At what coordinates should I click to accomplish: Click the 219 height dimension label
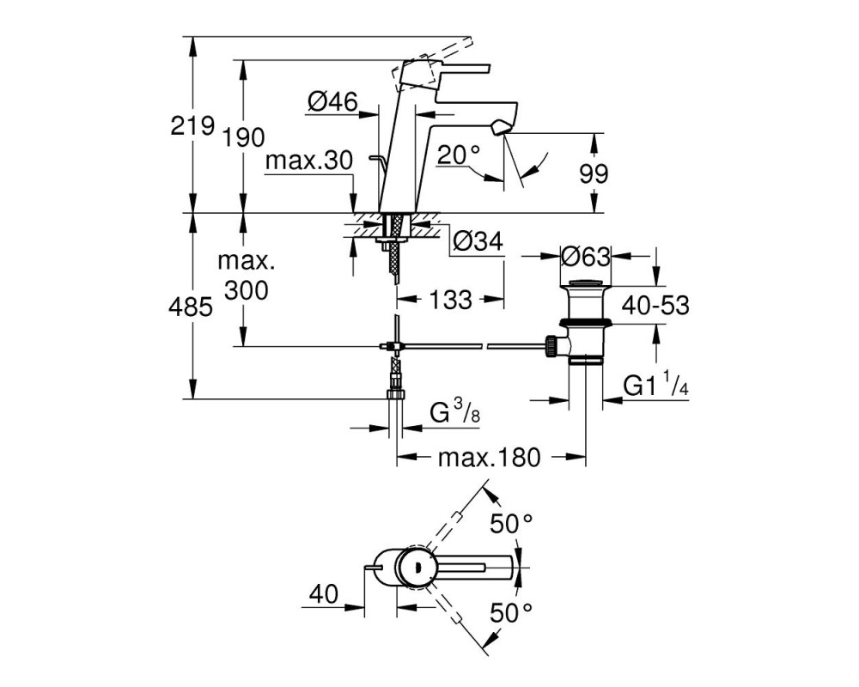point(192,126)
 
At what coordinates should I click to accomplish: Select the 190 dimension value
point(243,137)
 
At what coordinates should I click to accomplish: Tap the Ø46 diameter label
point(332,101)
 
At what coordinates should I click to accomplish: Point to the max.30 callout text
point(309,161)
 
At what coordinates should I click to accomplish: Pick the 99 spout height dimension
point(594,174)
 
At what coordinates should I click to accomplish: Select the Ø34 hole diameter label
point(478,241)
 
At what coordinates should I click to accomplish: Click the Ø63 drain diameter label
point(586,257)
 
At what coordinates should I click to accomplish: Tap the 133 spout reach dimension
point(450,300)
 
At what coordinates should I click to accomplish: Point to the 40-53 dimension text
point(655,306)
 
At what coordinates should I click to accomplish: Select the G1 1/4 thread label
point(655,385)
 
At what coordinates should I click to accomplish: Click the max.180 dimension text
point(490,458)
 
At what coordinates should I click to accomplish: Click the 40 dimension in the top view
point(324,594)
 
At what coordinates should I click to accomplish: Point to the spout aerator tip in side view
point(500,130)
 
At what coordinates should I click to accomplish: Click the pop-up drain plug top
point(585,283)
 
